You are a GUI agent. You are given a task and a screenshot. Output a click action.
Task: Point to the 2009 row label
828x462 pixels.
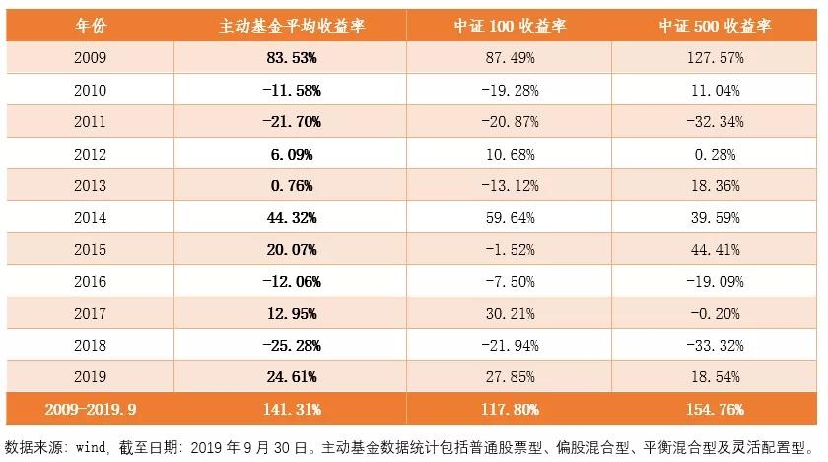pyautogui.click(x=90, y=59)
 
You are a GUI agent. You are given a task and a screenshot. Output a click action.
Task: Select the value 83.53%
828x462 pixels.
pyautogui.click(x=292, y=59)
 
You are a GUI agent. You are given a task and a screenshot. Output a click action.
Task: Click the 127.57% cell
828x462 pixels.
pyautogui.click(x=716, y=59)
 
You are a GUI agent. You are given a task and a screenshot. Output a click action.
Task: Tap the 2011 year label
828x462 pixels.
pyautogui.click(x=90, y=122)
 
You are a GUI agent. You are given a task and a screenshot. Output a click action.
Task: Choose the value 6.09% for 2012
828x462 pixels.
pyautogui.click(x=292, y=155)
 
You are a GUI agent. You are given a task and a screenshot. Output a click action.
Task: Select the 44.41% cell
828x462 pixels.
pyautogui.click(x=716, y=250)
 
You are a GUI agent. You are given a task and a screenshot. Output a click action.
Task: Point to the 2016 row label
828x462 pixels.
pyautogui.click(x=90, y=282)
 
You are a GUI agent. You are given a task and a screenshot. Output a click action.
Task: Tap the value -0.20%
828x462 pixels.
pyautogui.click(x=716, y=313)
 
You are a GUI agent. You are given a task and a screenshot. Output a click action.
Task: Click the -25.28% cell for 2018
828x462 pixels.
pyautogui.click(x=292, y=346)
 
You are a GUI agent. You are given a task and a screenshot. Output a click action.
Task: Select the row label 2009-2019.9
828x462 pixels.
pyautogui.click(x=90, y=408)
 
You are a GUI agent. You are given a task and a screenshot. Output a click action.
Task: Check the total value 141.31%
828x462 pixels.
pyautogui.click(x=292, y=408)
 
